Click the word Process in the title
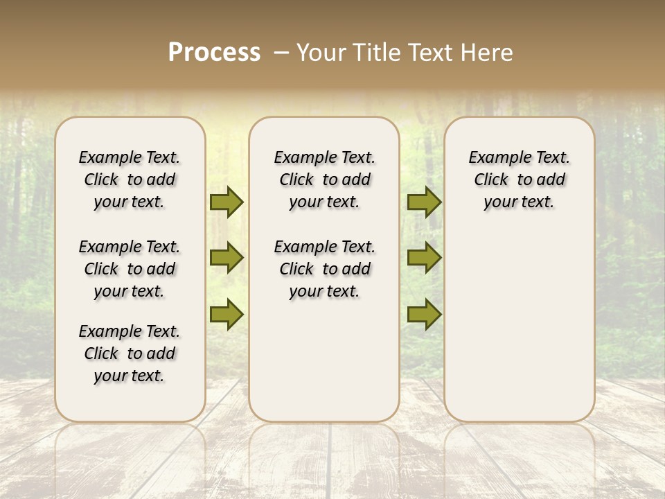[214, 52]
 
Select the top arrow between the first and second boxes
[227, 202]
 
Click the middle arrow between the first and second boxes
[227, 258]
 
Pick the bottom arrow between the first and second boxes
[227, 314]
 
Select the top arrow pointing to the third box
[424, 202]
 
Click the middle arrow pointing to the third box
[424, 258]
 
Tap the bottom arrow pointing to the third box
[424, 314]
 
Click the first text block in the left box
[130, 180]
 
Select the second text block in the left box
[130, 269]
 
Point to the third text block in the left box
[130, 353]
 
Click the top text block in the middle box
[325, 180]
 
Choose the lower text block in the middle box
[325, 269]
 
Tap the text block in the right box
[520, 180]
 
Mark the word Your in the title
[321, 52]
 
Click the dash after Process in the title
[281, 52]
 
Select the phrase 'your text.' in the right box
[520, 202]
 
